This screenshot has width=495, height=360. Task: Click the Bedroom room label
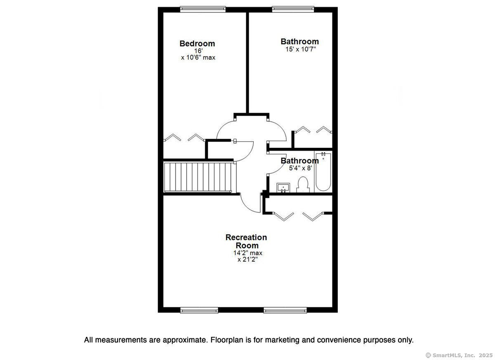click(197, 44)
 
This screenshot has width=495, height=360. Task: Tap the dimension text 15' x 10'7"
click(301, 49)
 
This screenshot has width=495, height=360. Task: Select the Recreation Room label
click(246, 241)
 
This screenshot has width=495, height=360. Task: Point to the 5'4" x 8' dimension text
click(301, 168)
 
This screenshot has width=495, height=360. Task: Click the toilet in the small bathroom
click(303, 185)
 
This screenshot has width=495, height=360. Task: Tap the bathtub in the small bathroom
click(323, 172)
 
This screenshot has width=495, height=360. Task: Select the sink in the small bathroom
click(283, 188)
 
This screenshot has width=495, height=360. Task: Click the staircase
click(200, 177)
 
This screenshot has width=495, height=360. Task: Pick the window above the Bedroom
click(203, 9)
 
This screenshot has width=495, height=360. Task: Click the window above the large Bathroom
click(293, 9)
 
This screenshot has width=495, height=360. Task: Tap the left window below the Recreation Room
click(199, 310)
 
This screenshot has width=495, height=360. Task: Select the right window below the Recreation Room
click(285, 310)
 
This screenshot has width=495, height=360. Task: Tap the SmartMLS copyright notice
click(459, 355)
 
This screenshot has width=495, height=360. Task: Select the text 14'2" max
click(248, 253)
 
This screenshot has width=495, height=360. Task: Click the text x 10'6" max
click(198, 58)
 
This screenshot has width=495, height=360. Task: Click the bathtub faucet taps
click(323, 154)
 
